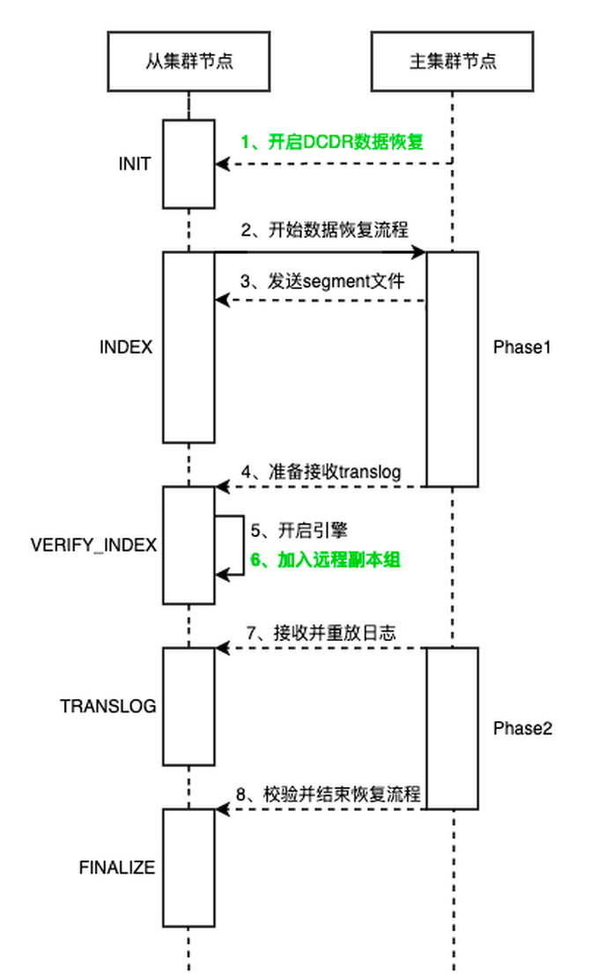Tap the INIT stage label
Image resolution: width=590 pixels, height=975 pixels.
pos(136,164)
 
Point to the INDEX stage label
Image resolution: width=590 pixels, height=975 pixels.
pos(126,347)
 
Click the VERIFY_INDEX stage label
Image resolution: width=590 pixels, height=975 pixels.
pos(93,545)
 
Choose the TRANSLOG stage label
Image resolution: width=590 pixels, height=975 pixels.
pos(108,706)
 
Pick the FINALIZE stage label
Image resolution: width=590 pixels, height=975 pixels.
pos(117,867)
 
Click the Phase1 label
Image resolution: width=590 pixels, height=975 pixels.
pos(521,347)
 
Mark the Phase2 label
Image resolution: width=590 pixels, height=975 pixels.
pos(522,728)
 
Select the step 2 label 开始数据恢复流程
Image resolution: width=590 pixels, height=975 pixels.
pos(324,231)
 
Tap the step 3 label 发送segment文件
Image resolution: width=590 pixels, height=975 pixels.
pos(323,281)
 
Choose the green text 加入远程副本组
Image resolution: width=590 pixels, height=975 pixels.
pos(326,559)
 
